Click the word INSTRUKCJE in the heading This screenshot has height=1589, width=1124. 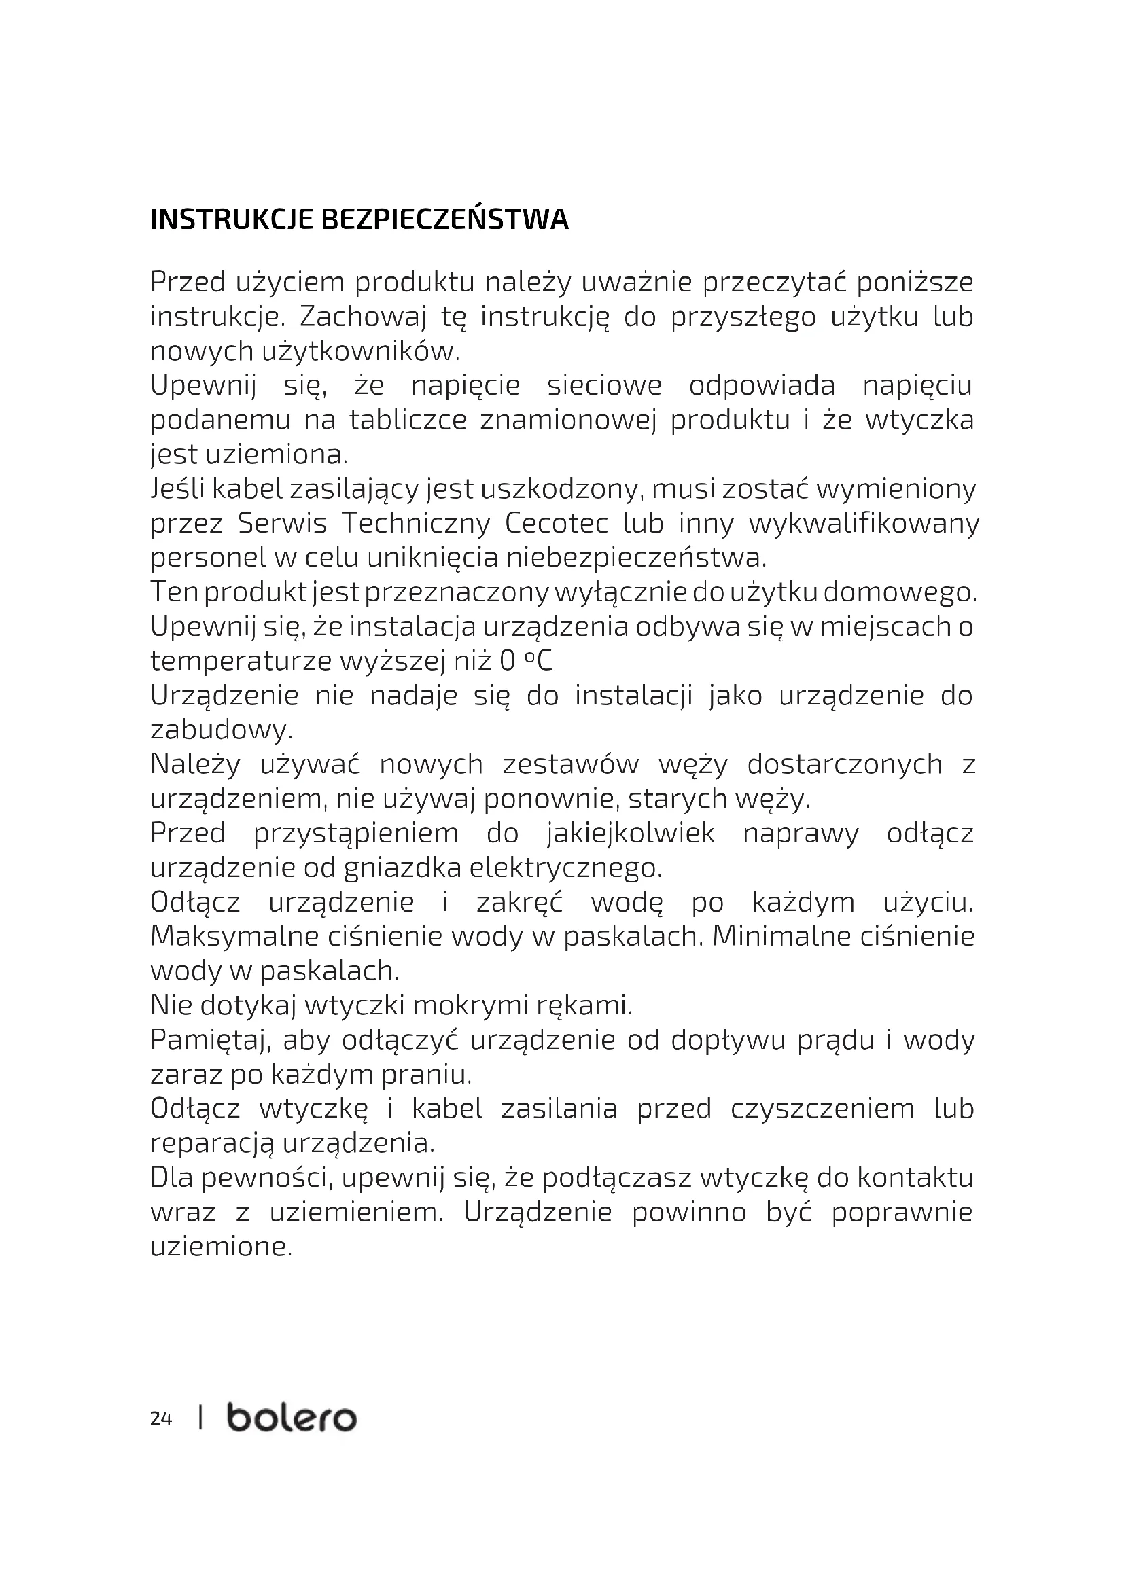pos(230,219)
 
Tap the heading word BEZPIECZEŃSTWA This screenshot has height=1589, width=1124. pos(445,219)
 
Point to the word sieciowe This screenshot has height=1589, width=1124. pos(604,385)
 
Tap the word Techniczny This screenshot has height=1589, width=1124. pos(416,523)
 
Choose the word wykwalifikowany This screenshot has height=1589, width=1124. pos(864,523)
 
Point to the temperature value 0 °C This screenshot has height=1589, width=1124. pos(526,662)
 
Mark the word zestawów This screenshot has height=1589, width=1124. pos(570,764)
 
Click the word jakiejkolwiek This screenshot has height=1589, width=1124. pos(631,834)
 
